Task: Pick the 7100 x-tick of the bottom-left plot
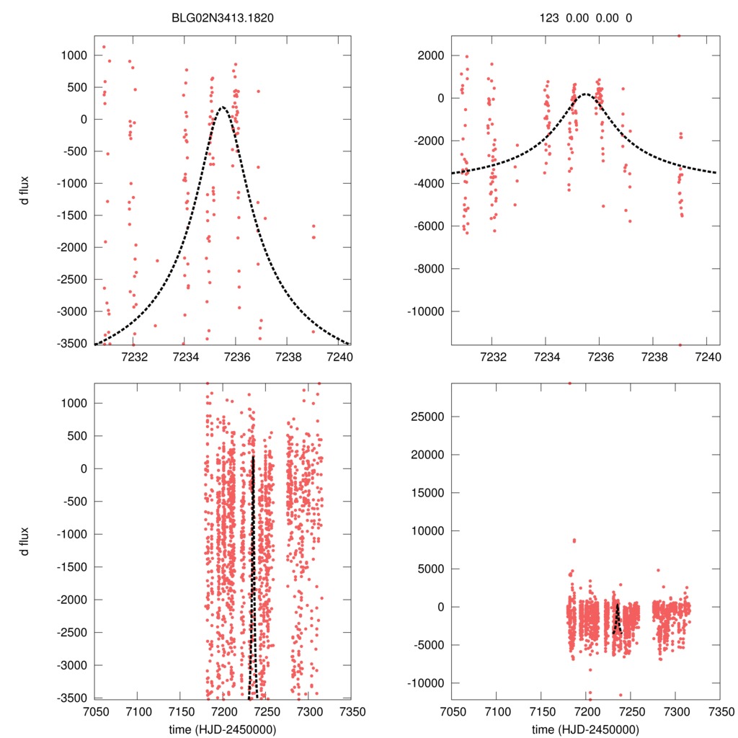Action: [138, 711]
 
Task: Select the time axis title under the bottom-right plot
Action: [585, 729]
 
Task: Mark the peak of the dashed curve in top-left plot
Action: [223, 107]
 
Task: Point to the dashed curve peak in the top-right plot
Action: [586, 94]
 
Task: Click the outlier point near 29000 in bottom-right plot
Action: [569, 383]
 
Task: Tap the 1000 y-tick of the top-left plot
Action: [75, 55]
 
